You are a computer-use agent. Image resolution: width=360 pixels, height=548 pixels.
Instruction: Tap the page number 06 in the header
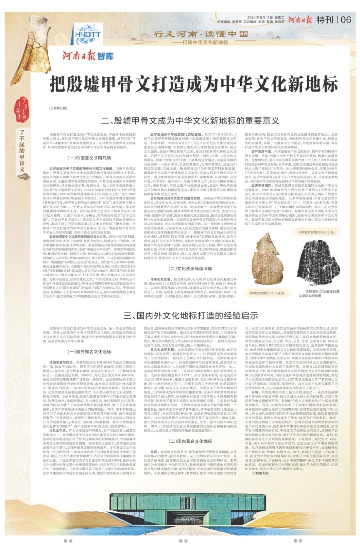(x=346, y=20)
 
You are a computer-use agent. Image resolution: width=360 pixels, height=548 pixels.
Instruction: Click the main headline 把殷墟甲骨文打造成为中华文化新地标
(x=194, y=85)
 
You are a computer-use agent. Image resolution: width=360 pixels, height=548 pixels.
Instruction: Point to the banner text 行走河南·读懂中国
(x=201, y=34)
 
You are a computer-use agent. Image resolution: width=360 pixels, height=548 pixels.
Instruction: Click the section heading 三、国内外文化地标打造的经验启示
(x=191, y=315)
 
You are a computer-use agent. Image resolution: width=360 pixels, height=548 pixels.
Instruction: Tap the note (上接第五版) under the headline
(x=58, y=107)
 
